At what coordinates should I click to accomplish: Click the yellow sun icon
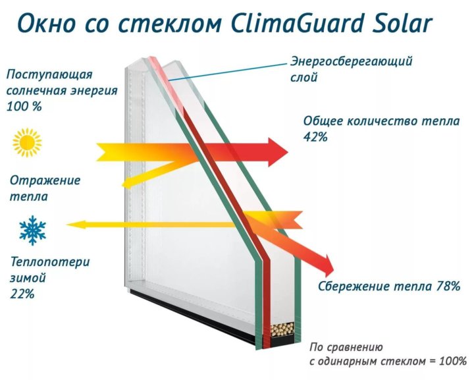(x=27, y=142)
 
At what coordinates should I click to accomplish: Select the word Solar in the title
(x=402, y=24)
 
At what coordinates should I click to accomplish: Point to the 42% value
(x=315, y=137)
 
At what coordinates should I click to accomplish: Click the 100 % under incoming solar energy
(x=24, y=107)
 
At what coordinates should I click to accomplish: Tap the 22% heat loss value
(x=22, y=294)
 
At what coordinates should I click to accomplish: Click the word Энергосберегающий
(x=352, y=61)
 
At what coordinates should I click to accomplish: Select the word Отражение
(x=45, y=180)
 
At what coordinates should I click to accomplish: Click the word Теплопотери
(x=50, y=262)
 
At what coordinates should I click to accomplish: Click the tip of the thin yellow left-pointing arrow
(x=66, y=225)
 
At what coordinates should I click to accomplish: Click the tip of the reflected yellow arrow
(x=122, y=184)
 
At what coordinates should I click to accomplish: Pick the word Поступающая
(x=49, y=75)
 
